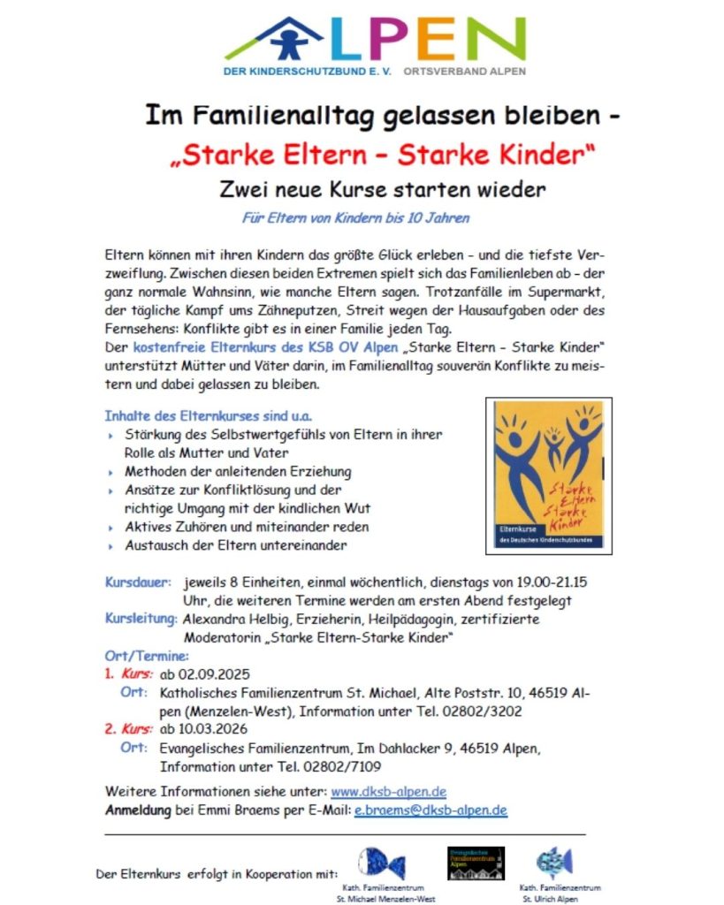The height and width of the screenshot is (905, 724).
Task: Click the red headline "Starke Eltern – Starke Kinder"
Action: pos(382,156)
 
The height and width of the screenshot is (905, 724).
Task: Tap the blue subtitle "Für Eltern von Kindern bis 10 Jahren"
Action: pos(356,217)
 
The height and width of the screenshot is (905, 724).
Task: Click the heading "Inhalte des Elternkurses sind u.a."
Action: pos(209,414)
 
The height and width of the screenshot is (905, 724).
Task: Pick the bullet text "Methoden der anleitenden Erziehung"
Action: pos(238,471)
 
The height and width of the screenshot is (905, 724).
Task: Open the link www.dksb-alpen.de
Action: pos(387,791)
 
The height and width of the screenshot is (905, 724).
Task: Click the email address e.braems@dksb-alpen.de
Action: pos(431,810)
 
